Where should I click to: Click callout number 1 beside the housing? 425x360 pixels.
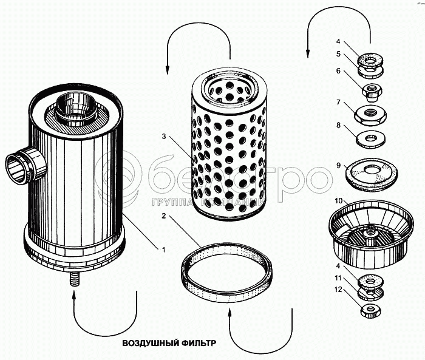[163, 248]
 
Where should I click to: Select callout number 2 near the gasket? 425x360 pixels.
[163, 216]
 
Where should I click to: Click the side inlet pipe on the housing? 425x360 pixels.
[22, 166]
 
